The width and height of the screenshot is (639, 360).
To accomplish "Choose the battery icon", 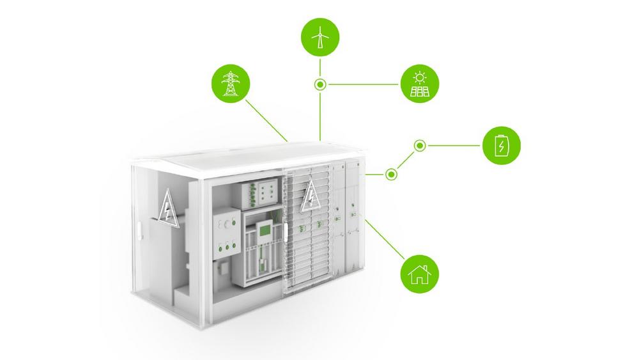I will coord(502,146).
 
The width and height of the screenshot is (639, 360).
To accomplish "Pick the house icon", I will coord(419,276).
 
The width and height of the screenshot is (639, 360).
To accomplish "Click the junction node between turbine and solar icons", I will coord(319,84).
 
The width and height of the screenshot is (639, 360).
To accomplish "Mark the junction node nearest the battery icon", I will coord(419,146).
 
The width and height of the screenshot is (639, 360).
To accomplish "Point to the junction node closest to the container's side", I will coord(391,173).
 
